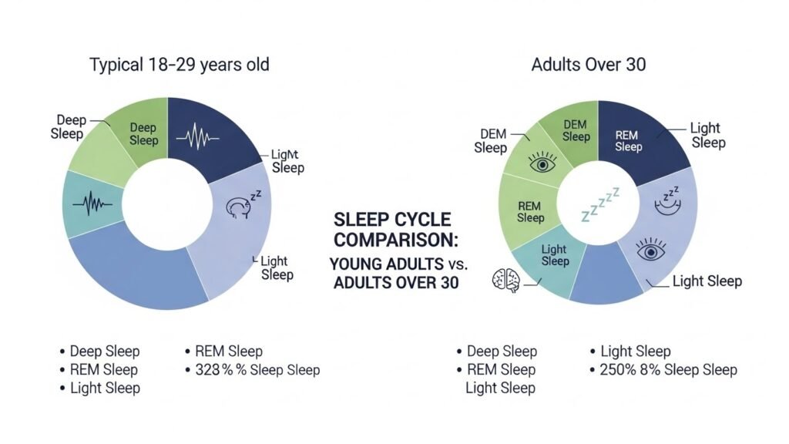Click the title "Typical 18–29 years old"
[180, 65]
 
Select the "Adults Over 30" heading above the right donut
[589, 65]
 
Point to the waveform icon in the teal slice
[92, 204]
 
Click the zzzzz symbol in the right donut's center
[599, 203]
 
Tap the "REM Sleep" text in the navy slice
[628, 141]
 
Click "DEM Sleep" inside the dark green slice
[575, 131]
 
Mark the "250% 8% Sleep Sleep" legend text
[667, 370]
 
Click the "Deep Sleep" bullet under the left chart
[105, 351]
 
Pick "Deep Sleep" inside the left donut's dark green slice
[143, 134]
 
